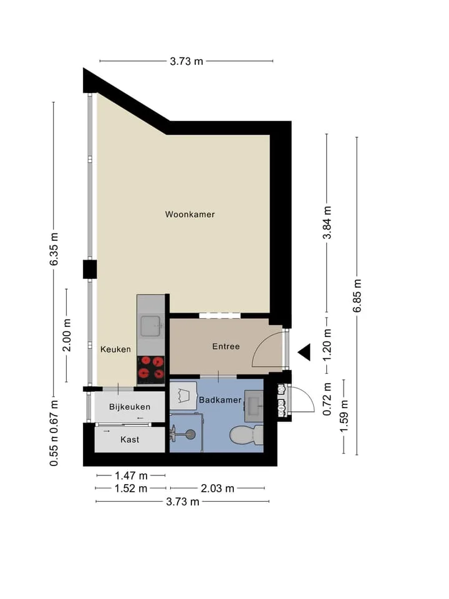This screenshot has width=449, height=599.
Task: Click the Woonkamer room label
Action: click(x=190, y=214)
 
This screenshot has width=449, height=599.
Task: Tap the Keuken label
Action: click(x=116, y=349)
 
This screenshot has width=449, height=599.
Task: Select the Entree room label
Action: click(x=226, y=346)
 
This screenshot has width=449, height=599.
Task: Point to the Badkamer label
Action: click(x=220, y=400)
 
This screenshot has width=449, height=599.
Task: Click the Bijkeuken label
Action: click(x=130, y=407)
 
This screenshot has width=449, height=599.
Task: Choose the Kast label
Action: click(x=130, y=440)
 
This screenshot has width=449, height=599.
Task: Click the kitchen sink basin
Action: click(x=151, y=326)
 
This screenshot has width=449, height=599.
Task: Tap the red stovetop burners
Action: click(x=151, y=368)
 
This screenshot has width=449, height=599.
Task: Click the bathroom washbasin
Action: click(x=254, y=406)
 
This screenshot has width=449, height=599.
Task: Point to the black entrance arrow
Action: click(x=304, y=352)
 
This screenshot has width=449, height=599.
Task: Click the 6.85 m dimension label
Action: click(x=357, y=296)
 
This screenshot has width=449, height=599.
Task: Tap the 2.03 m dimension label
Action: click(x=217, y=488)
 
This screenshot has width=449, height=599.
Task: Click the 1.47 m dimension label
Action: click(x=131, y=475)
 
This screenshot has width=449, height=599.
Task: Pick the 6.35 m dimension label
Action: click(x=54, y=249)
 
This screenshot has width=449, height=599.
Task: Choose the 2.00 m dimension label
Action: click(x=67, y=335)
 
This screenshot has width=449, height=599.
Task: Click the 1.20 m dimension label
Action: click(x=327, y=345)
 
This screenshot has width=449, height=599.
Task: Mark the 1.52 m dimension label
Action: click(x=131, y=488)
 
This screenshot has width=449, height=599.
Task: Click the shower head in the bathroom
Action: click(x=190, y=434)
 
